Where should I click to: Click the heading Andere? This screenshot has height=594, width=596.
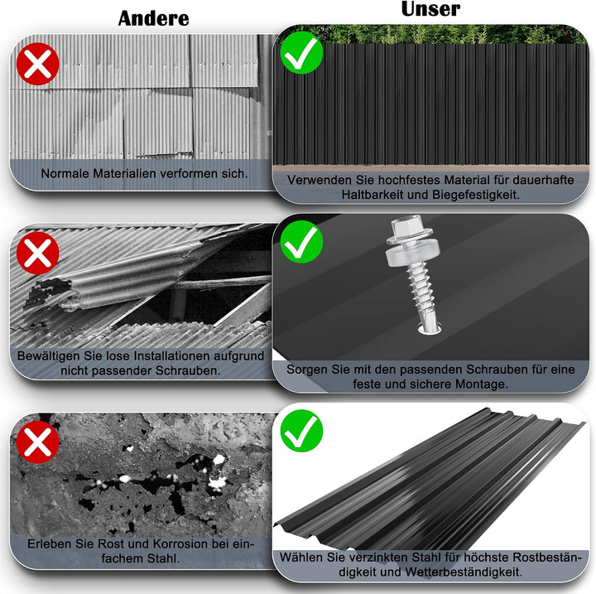(x=154, y=18)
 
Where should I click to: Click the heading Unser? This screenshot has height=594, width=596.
(x=430, y=9)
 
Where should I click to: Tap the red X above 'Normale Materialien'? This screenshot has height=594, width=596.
(x=37, y=64)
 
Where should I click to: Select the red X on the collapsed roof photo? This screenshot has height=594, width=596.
(x=37, y=253)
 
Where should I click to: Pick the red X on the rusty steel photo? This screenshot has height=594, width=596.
(x=37, y=442)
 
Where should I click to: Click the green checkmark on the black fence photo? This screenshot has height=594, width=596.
(x=301, y=52)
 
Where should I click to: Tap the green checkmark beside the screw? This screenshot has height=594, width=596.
(x=301, y=242)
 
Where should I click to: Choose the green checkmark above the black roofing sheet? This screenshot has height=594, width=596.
(x=301, y=431)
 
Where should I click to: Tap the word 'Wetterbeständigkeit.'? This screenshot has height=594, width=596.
(x=464, y=572)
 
